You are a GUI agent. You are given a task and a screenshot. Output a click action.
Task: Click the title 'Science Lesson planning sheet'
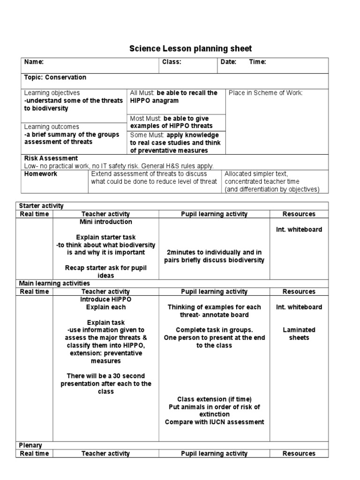tap(190, 49)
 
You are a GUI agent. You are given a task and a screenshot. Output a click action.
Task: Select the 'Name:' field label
tap(34, 62)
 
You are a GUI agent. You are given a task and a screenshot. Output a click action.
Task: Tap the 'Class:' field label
tap(172, 62)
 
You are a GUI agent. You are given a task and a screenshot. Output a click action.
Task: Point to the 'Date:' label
tap(228, 62)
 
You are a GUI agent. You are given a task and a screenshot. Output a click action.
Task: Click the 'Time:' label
tap(257, 62)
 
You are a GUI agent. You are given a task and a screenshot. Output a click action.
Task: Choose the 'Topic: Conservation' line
tap(55, 77)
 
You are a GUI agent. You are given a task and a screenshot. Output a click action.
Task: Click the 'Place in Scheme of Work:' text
tap(266, 93)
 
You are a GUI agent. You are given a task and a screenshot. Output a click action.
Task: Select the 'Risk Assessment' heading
tap(51, 158)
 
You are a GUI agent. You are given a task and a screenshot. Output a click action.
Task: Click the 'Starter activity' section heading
tap(41, 206)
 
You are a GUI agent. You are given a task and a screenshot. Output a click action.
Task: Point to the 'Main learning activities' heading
tap(54, 284)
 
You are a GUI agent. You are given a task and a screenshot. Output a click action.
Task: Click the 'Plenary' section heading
tap(30, 445)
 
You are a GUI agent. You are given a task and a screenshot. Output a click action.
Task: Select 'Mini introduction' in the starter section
tap(106, 222)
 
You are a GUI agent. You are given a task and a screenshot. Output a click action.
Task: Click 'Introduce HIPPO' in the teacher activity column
tap(106, 299)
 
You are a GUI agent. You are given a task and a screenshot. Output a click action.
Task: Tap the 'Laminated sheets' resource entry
tap(299, 334)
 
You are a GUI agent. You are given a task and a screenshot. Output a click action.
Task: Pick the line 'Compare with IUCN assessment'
tap(214, 422)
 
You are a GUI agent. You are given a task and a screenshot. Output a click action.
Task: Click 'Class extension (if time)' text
tap(214, 399)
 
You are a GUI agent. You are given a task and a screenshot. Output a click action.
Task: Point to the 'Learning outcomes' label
tap(52, 127)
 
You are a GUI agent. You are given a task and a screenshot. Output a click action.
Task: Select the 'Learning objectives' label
tap(52, 93)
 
